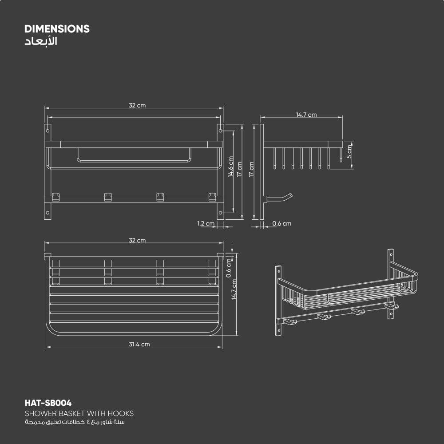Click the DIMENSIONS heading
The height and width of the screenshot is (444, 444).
(57, 29)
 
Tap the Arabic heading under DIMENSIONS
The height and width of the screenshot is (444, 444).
(40, 42)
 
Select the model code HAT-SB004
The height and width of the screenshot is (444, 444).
(48, 403)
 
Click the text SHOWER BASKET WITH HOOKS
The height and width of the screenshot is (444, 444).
(79, 413)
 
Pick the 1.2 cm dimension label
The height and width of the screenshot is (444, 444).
(206, 223)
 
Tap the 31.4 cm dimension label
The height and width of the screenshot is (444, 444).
(139, 344)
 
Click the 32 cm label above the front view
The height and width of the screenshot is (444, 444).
(137, 106)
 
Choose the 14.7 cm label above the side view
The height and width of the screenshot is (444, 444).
(306, 115)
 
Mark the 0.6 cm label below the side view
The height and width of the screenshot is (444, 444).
(281, 223)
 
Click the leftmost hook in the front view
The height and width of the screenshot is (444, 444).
(56, 197)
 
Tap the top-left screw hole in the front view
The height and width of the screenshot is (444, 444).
(48, 131)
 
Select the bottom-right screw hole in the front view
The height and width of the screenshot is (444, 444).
(221, 213)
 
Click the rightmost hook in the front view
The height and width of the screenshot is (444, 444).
(212, 197)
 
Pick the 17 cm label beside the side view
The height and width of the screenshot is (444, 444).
(251, 169)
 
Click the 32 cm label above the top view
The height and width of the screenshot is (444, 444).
(137, 240)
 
